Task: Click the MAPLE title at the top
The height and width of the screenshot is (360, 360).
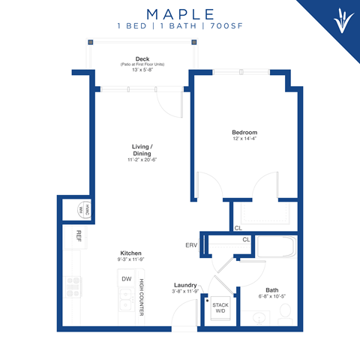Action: tap(180, 14)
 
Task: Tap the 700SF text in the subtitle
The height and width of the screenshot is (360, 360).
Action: tap(224, 27)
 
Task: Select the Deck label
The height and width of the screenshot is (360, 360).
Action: tap(142, 58)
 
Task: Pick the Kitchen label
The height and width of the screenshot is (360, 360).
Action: tap(130, 253)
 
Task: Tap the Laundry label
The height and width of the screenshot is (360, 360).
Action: tap(184, 285)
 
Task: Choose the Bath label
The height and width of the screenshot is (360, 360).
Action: tap(271, 290)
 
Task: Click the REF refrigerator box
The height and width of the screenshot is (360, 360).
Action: tap(78, 235)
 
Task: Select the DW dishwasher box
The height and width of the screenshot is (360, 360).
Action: tap(126, 279)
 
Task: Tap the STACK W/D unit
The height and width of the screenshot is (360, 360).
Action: tap(220, 307)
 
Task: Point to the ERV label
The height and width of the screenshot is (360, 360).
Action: tap(191, 244)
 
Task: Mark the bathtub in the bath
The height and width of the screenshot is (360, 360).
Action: tap(275, 247)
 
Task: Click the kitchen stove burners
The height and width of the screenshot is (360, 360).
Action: tap(74, 286)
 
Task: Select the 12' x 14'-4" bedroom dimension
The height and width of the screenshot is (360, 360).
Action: tap(246, 139)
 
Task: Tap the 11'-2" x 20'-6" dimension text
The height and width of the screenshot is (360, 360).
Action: tap(142, 160)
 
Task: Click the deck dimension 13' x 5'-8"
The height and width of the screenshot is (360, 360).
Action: tap(142, 70)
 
